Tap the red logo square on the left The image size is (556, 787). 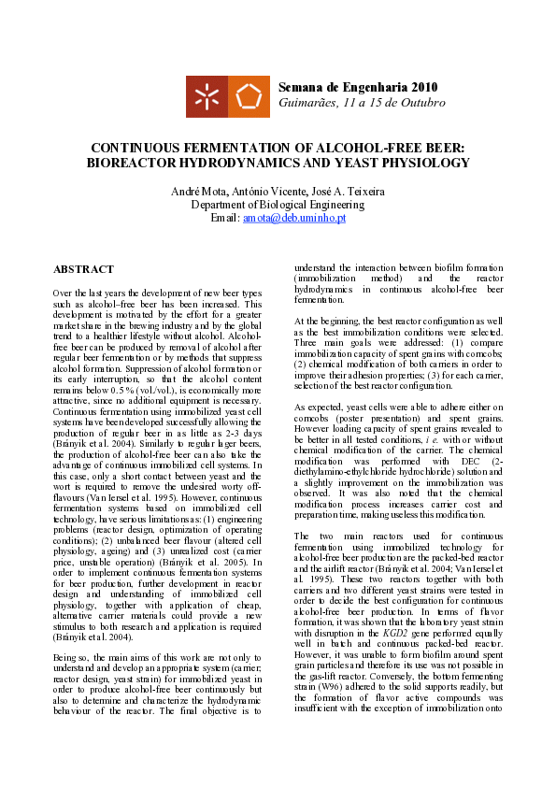point(207,96)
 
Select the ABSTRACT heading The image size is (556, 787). point(83,269)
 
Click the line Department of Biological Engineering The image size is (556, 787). point(278,205)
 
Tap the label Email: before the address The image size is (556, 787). point(225,218)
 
